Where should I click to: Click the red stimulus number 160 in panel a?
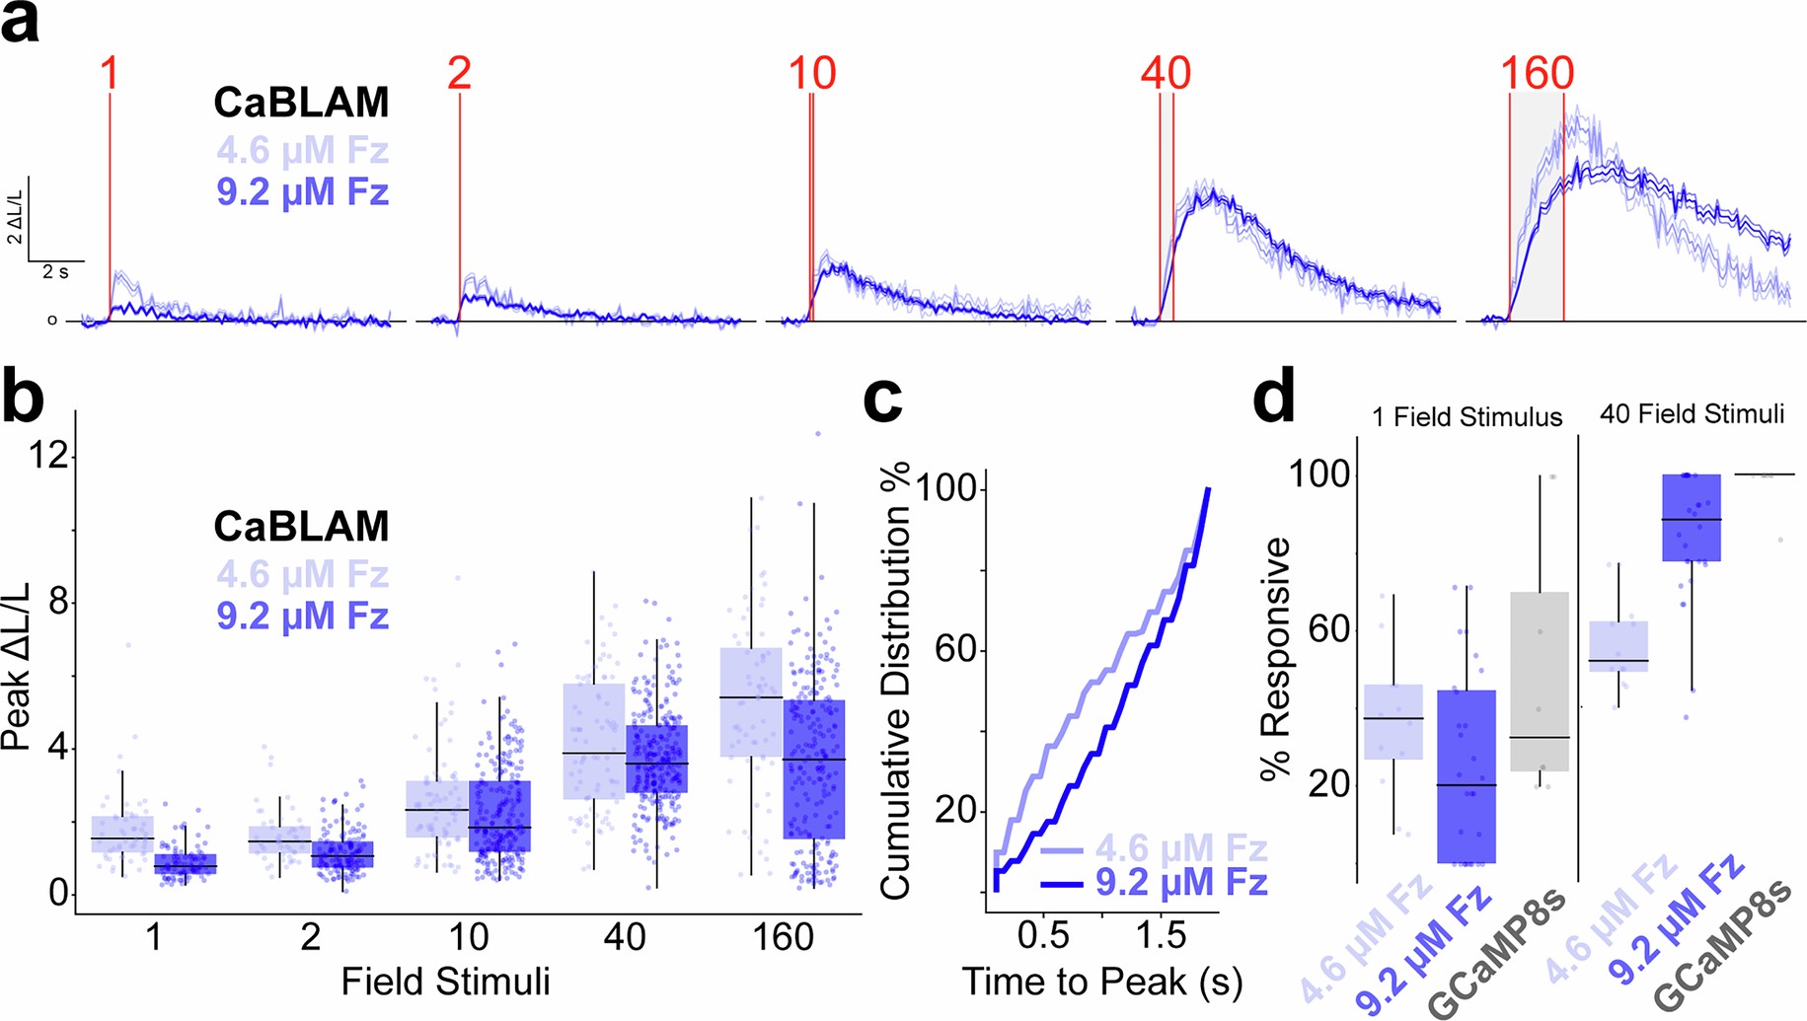click(x=1537, y=74)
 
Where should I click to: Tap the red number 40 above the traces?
click(x=1166, y=74)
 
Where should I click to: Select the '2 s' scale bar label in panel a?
click(x=55, y=272)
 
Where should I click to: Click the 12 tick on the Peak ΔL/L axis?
click(x=48, y=455)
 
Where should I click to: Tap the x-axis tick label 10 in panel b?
click(x=468, y=936)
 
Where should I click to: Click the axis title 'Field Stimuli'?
click(x=445, y=982)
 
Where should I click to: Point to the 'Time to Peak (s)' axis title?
click(x=1101, y=982)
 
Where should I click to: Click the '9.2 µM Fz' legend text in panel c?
click(x=1180, y=881)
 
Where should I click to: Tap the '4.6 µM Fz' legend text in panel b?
click(x=302, y=574)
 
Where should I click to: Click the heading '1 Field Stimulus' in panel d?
click(x=1467, y=417)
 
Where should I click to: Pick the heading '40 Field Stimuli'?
click(x=1692, y=414)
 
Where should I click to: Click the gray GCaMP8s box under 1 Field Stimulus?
click(x=1540, y=681)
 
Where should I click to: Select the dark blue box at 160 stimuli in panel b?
click(x=814, y=769)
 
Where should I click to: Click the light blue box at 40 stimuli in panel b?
click(x=594, y=741)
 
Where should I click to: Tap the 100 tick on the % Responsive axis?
click(x=1319, y=474)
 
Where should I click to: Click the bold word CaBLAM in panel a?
click(x=302, y=103)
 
